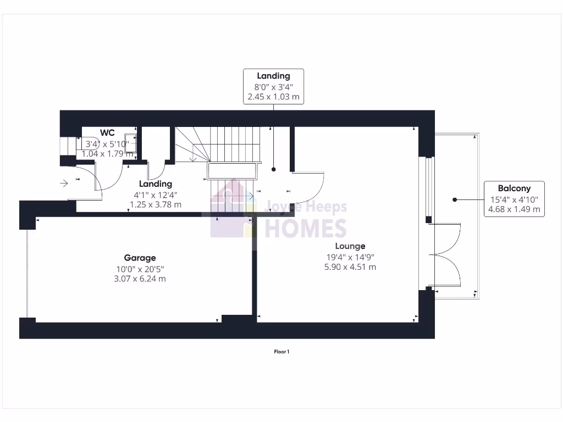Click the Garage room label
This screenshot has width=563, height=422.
pyautogui.click(x=140, y=258)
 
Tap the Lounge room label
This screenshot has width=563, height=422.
pyautogui.click(x=350, y=246)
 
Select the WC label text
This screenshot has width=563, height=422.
pyautogui.click(x=107, y=133)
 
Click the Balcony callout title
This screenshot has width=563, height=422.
pyautogui.click(x=514, y=188)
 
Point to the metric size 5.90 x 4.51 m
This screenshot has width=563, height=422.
pyautogui.click(x=350, y=267)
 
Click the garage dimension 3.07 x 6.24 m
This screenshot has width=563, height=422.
pyautogui.click(x=140, y=279)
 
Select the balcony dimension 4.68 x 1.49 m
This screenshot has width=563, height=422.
pyautogui.click(x=514, y=209)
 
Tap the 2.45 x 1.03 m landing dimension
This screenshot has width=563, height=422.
pyautogui.click(x=273, y=97)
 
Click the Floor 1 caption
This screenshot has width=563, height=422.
pyautogui.click(x=281, y=352)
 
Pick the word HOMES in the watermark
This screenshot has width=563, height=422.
pyautogui.click(x=306, y=227)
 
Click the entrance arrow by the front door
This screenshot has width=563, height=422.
pyautogui.click(x=64, y=182)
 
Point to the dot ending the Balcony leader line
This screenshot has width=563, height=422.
pyautogui.click(x=455, y=199)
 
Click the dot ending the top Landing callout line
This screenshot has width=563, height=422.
pyautogui.click(x=273, y=170)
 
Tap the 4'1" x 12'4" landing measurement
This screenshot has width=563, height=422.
pyautogui.click(x=156, y=195)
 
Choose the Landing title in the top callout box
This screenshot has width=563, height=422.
pyautogui.click(x=273, y=76)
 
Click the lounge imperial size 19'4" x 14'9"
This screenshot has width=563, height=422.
pyautogui.click(x=350, y=257)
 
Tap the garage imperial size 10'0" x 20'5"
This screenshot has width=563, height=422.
pyautogui.click(x=140, y=268)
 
